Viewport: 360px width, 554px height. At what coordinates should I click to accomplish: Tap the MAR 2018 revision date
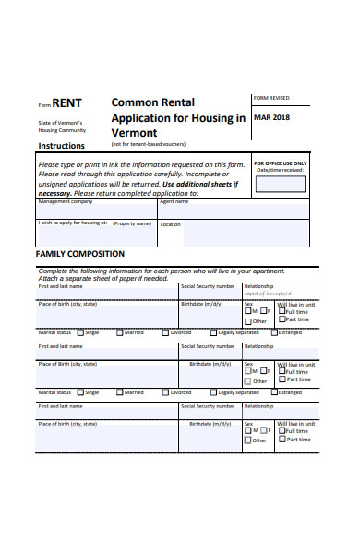pos(271,117)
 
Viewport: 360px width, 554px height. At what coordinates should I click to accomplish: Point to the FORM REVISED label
pos(271,97)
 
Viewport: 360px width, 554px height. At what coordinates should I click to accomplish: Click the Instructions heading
pos(61,146)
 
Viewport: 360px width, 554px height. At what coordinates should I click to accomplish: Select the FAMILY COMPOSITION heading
pos(79,253)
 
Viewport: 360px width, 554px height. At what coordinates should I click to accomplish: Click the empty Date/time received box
pos(281,185)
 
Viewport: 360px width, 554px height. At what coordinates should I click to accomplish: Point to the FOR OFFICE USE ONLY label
pos(281,163)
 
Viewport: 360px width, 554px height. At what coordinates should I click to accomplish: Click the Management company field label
pos(66,201)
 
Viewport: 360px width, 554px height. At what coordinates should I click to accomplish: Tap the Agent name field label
pos(174,201)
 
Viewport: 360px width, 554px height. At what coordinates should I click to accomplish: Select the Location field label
pos(171,223)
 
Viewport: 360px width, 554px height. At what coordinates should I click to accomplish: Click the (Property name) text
pos(132,223)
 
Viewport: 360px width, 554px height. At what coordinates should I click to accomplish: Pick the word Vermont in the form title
pos(136,133)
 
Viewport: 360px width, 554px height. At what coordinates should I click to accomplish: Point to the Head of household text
pos(269,293)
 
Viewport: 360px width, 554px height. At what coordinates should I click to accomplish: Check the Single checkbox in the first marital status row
pos(80,332)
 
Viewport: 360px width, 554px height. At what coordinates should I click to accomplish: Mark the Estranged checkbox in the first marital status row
pos(274,332)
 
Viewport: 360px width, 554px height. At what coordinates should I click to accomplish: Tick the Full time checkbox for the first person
pos(281,311)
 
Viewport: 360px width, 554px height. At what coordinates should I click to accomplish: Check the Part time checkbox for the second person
pos(281,379)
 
